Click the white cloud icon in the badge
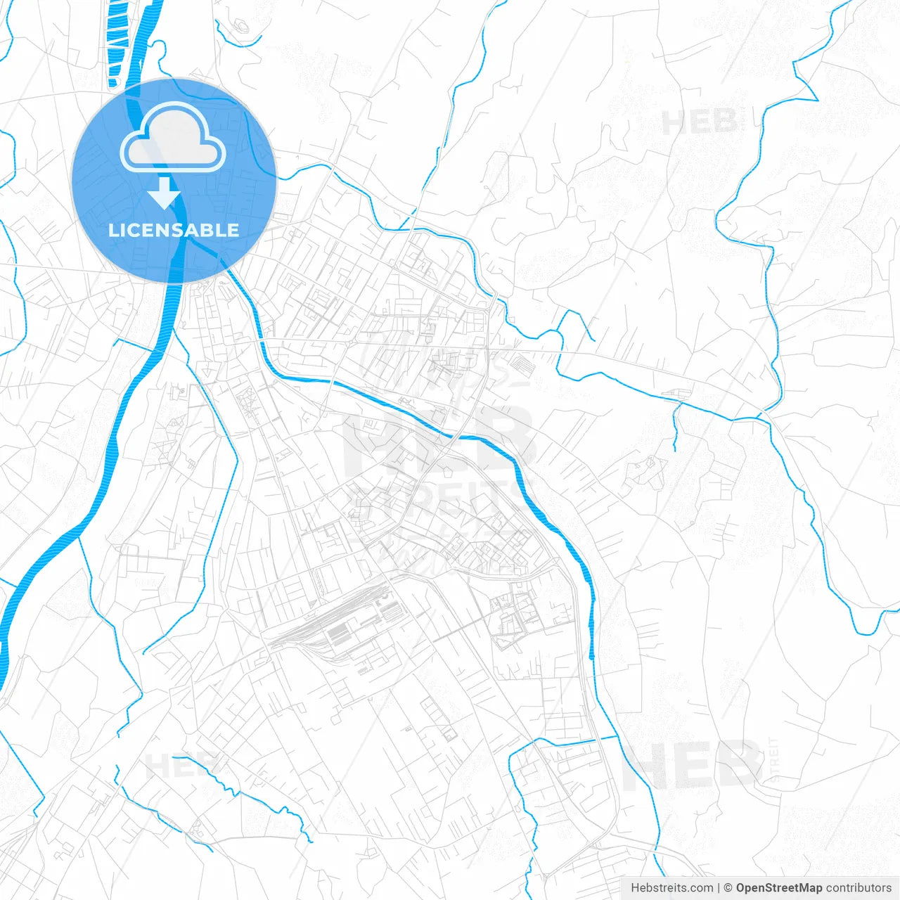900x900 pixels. tap(173, 137)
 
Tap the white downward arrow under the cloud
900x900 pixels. tap(165, 193)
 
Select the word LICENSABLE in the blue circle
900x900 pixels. tap(174, 230)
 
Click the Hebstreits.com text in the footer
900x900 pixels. tap(671, 888)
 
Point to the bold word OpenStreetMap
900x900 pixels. tap(778, 888)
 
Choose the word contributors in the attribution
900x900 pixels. tap(859, 888)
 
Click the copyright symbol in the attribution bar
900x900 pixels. tap(728, 888)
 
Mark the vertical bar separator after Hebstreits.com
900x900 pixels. tap(718, 888)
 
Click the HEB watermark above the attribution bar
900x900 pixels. tap(693, 764)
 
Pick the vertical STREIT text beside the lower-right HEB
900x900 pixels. tap(774, 759)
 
